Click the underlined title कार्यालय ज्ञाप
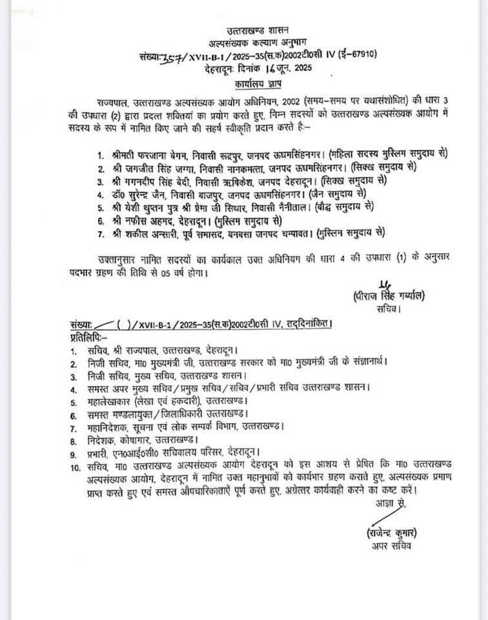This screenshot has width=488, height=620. [x=258, y=84]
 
